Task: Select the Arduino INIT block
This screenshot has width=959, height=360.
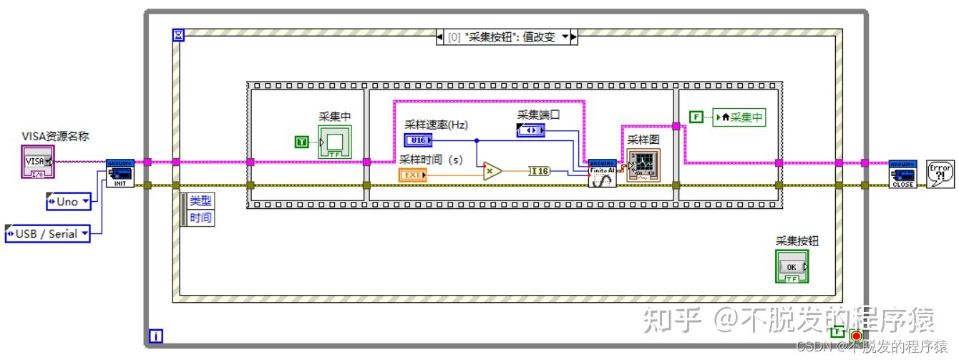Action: point(120,173)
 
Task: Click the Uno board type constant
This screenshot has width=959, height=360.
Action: point(69,202)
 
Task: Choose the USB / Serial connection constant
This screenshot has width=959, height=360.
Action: point(48,233)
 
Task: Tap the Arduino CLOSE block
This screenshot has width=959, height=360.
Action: point(902,173)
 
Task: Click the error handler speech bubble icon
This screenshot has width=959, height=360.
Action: point(940,173)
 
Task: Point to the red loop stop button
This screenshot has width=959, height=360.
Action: point(856,336)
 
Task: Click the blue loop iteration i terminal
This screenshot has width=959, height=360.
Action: point(155,335)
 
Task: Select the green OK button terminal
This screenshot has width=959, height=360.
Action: point(792,267)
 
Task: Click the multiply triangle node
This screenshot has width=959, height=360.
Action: point(491,170)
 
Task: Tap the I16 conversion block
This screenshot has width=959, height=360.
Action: point(540,170)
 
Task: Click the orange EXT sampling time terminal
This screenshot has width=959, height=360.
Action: point(413,175)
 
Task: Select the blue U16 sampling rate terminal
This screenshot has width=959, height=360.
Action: point(418,140)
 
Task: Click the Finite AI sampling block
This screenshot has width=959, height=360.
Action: point(602,173)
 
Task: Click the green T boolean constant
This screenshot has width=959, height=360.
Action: point(302,142)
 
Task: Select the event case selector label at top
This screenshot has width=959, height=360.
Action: point(506,37)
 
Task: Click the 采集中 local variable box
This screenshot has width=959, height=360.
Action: point(738,117)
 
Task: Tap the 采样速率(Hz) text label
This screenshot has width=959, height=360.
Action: point(436,125)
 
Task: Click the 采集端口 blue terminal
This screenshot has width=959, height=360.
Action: point(530,130)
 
